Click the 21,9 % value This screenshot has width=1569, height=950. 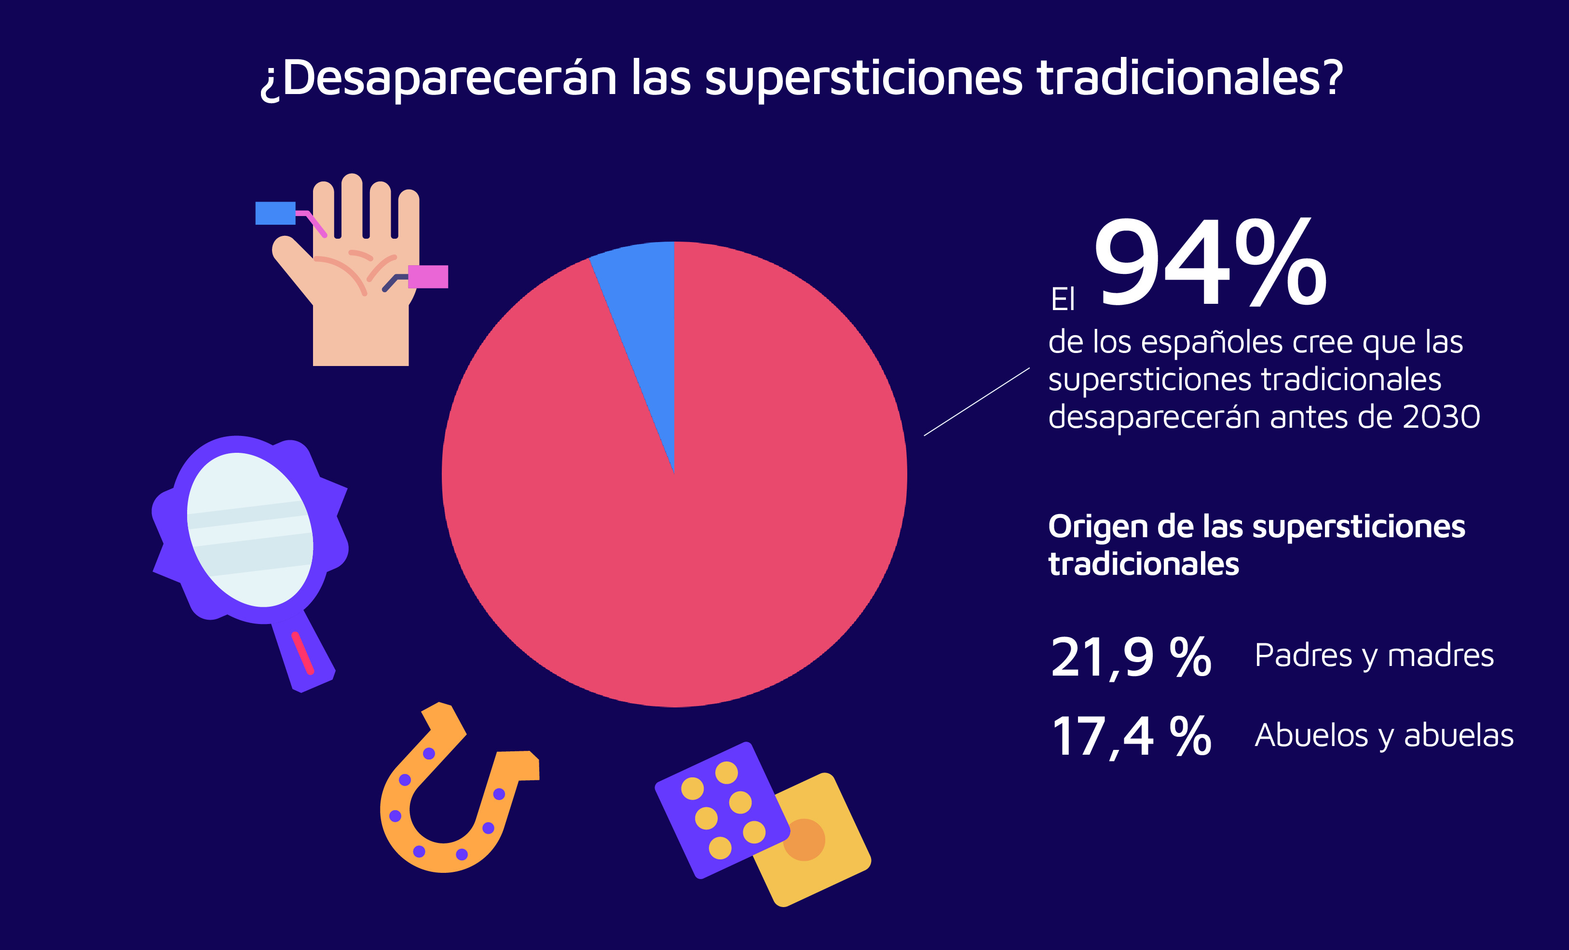coord(1130,657)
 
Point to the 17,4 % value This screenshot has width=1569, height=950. coord(1130,737)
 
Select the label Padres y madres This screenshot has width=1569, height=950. coord(1374,656)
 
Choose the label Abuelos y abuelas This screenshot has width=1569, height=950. coord(1383,736)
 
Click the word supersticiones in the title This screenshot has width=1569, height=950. coord(869,79)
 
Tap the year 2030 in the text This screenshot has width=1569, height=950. coord(1441,418)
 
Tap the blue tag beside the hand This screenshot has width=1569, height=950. coord(275,213)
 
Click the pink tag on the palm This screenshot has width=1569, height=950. coord(428,277)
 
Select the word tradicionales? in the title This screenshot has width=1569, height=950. coord(1189,79)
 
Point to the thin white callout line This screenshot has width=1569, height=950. coord(976,402)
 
